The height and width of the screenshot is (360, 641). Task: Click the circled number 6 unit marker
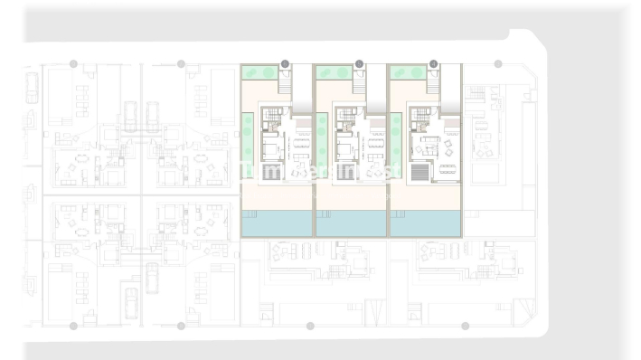(x=285, y=63)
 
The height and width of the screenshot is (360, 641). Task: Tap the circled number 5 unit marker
(x=359, y=63)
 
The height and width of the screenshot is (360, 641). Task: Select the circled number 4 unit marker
(x=433, y=63)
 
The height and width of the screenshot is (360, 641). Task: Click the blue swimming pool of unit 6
(x=276, y=223)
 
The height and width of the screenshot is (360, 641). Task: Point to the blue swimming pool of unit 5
(x=351, y=223)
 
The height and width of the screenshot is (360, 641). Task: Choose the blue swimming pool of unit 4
(x=425, y=223)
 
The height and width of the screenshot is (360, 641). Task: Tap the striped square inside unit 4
(x=419, y=172)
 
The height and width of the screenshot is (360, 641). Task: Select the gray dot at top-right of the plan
(x=498, y=63)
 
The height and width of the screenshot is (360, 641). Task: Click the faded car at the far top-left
(x=32, y=88)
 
